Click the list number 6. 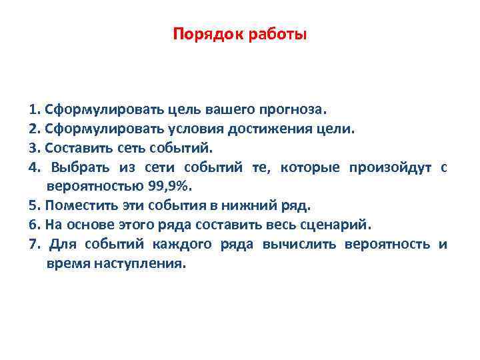tap(34, 223)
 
